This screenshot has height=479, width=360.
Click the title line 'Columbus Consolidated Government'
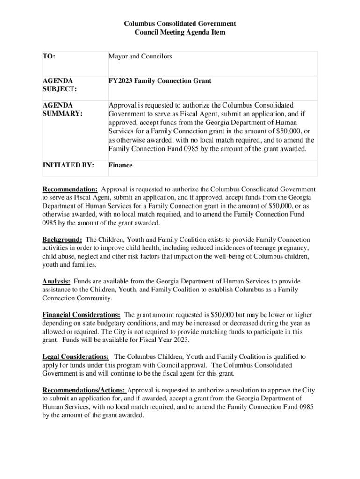180,23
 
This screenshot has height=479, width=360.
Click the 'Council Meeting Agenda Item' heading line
180,32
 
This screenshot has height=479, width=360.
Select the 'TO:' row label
49,57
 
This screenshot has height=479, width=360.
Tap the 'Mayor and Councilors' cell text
140,57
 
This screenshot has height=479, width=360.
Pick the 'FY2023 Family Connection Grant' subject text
160,81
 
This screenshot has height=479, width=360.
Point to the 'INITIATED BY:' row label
68,165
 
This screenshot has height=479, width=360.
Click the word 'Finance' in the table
121,165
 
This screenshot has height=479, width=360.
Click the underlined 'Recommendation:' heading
70,189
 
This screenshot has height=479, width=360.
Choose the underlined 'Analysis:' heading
57,281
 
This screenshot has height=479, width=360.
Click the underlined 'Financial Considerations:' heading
81,315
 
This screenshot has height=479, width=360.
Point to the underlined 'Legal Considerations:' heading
76,356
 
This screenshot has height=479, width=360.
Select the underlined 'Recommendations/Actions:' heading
84,390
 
